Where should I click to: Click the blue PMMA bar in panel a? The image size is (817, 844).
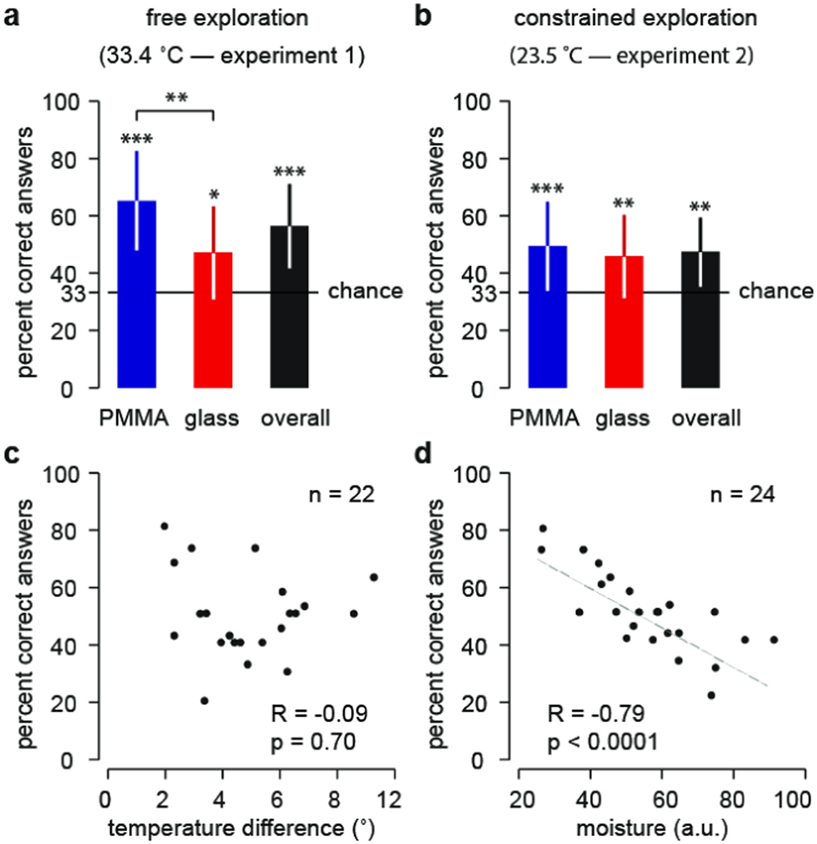click(137, 294)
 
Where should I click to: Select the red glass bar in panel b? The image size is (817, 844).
click(624, 322)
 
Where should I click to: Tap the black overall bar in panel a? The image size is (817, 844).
click(289, 307)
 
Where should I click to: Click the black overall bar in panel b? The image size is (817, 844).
click(700, 320)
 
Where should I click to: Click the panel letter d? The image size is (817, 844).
click(424, 453)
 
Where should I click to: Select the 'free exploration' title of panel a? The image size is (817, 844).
click(227, 18)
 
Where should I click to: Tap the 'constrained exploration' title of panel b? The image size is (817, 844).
click(635, 18)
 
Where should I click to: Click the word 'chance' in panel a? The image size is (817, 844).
click(365, 291)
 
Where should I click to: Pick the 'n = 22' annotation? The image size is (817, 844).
click(341, 494)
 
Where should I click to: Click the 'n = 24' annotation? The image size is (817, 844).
click(742, 494)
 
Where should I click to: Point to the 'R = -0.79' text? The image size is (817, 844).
click(596, 714)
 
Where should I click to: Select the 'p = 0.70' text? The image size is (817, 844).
click(313, 742)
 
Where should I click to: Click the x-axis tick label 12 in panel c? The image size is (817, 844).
click(390, 799)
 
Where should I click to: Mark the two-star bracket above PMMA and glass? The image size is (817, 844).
click(175, 110)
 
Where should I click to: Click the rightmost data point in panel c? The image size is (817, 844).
click(373, 577)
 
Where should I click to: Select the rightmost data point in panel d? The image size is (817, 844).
click(774, 640)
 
